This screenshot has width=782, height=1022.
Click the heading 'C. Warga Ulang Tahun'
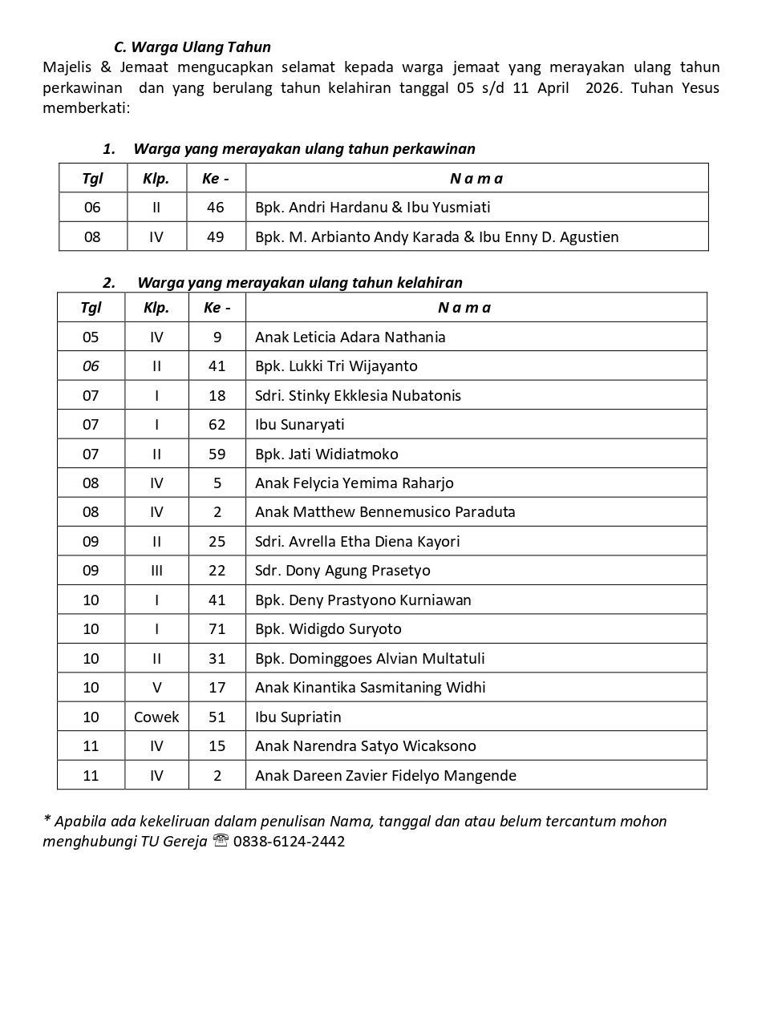pyautogui.click(x=192, y=47)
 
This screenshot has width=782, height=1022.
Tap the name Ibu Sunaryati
pyautogui.click(x=299, y=425)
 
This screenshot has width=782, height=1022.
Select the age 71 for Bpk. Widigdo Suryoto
pyautogui.click(x=217, y=629)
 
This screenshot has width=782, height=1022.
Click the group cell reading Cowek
pyautogui.click(x=156, y=717)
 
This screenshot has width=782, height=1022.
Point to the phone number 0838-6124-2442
pyautogui.click(x=289, y=842)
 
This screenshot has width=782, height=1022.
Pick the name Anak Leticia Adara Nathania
pyautogui.click(x=350, y=337)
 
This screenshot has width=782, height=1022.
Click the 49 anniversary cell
pyautogui.click(x=215, y=237)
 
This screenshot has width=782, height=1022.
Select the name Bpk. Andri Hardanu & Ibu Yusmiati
pyautogui.click(x=372, y=208)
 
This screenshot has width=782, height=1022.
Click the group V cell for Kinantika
pyautogui.click(x=156, y=688)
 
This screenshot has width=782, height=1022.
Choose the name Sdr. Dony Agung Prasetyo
pyautogui.click(x=342, y=571)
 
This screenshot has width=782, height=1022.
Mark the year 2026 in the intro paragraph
pyautogui.click(x=602, y=88)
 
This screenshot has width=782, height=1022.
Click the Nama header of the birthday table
pyautogui.click(x=464, y=308)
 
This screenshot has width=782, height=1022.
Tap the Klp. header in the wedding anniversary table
pyautogui.click(x=156, y=179)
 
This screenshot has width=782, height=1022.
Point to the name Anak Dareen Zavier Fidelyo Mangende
pyautogui.click(x=385, y=776)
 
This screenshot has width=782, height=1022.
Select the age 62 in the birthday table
pyautogui.click(x=217, y=425)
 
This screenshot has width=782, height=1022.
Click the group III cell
pyautogui.click(x=156, y=571)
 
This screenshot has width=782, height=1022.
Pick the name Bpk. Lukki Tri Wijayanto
pyautogui.click(x=336, y=366)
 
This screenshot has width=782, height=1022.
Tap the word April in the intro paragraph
pyautogui.click(x=553, y=88)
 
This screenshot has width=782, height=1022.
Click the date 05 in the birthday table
pyautogui.click(x=91, y=337)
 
